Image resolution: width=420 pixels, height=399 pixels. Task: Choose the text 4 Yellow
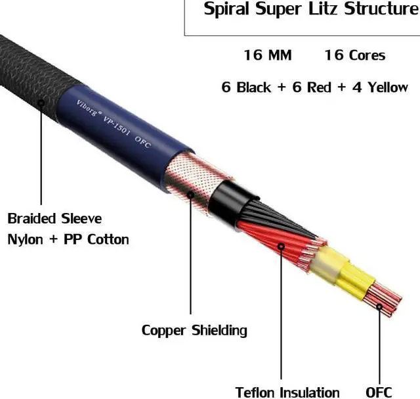coord(379,87)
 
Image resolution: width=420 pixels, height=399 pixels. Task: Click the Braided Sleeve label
coord(54,218)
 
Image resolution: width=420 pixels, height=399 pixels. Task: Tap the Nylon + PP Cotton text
coord(68,239)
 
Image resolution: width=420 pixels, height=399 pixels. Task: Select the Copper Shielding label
coord(194,329)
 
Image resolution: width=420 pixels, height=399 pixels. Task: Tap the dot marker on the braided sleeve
coord(41,103)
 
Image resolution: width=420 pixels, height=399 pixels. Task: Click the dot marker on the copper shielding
coord(191,195)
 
